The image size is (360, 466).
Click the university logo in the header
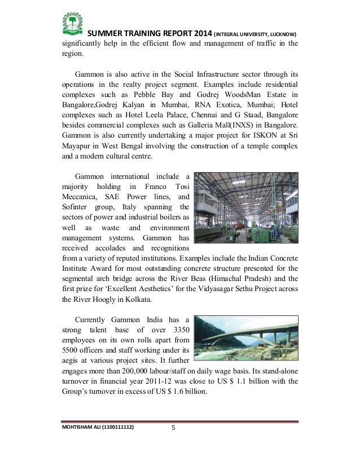[72, 23]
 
